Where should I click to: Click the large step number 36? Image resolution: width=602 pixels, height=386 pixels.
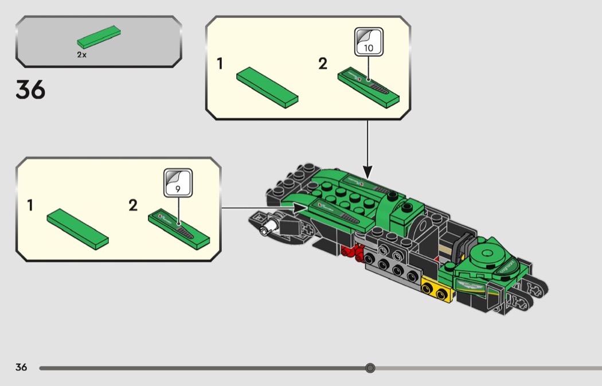click(x=30, y=90)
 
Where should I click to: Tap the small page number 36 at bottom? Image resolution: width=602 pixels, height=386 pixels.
click(x=21, y=367)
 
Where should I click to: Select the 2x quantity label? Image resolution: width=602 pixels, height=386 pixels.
click(x=82, y=54)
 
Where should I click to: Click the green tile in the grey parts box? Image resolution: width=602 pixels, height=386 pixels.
click(x=99, y=37)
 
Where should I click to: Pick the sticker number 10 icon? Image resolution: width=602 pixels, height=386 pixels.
click(x=369, y=42)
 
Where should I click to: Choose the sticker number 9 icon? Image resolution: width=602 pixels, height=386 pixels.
click(x=178, y=183)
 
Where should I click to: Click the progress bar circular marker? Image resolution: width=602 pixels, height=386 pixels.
click(x=370, y=368)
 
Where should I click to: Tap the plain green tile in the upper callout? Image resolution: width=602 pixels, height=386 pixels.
click(x=267, y=88)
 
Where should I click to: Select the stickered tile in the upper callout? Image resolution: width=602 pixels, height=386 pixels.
click(x=369, y=88)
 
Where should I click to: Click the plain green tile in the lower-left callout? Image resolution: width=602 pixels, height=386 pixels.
click(x=77, y=229)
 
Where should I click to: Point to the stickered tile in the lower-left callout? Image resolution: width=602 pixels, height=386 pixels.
click(x=179, y=229)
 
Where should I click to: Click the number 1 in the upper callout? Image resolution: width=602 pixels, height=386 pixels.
click(x=220, y=64)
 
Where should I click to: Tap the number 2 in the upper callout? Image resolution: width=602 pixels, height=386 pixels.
click(x=323, y=64)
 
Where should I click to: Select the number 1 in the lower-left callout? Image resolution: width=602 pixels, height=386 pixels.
click(x=30, y=205)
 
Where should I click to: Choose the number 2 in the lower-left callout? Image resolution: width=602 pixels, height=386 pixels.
click(x=133, y=205)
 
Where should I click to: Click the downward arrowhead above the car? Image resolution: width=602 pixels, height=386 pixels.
click(x=368, y=171)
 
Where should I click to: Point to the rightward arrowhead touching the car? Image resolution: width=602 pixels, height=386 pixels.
click(x=300, y=208)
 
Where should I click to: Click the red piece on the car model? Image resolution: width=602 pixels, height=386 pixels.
click(x=353, y=252)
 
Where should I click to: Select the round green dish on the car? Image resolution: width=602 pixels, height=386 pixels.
click(x=487, y=254)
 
